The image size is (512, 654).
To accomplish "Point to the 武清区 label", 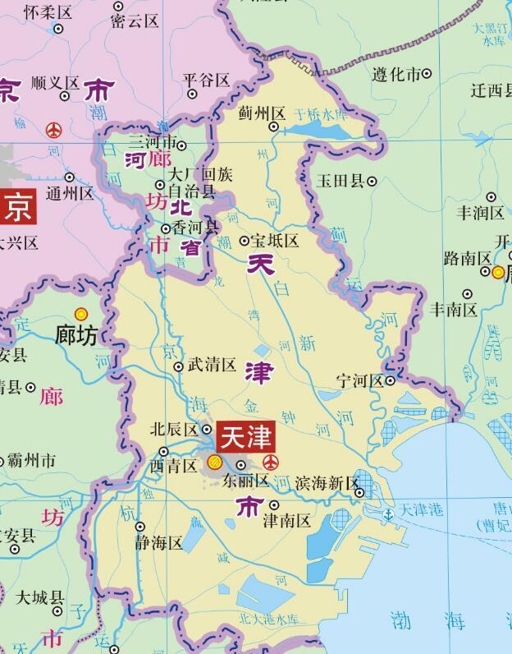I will (x=212, y=365).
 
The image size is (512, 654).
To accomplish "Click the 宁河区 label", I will (x=359, y=380).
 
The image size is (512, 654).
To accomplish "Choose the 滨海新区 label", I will (x=327, y=482).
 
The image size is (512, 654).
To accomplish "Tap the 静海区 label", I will (x=159, y=542).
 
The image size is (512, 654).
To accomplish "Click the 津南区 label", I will (x=286, y=520).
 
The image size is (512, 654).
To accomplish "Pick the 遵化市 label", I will (x=396, y=74).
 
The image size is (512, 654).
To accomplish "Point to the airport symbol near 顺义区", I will (x=54, y=129).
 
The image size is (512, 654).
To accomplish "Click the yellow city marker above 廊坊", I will (x=81, y=313).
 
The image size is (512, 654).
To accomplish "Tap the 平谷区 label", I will (x=206, y=80).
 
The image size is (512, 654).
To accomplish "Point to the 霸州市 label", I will (x=32, y=459).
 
